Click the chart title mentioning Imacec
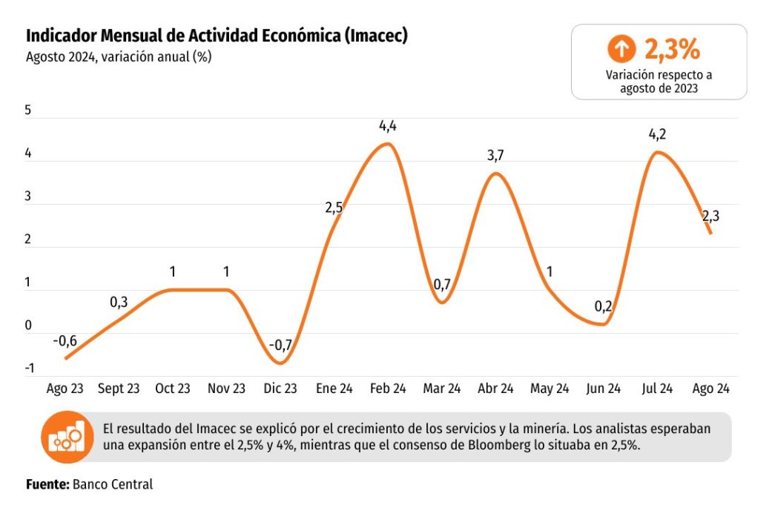click(217, 36)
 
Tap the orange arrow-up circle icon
click(621, 49)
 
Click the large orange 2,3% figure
click(672, 49)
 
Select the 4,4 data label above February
click(387, 127)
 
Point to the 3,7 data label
click(495, 156)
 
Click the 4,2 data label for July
click(657, 134)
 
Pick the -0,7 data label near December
click(280, 346)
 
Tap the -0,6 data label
click(65, 341)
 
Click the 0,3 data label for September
click(119, 303)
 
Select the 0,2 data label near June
click(603, 307)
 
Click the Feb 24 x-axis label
click(388, 389)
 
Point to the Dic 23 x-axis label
click(280, 389)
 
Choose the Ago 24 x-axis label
click(710, 389)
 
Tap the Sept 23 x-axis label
click(119, 389)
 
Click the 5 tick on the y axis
click(28, 110)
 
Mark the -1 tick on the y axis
click(30, 369)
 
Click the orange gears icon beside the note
click(67, 437)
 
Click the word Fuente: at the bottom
click(47, 484)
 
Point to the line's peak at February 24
click(388, 144)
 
